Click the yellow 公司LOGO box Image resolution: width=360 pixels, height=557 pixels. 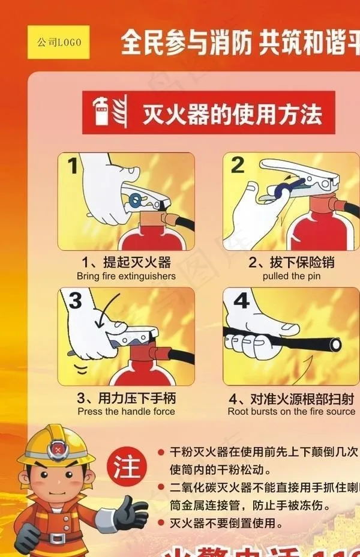coord(58,42)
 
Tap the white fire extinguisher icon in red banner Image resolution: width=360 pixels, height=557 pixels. coord(101,112)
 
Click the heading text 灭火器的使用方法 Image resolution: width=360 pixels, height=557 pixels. coord(232,113)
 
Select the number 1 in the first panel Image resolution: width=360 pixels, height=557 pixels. coord(73,165)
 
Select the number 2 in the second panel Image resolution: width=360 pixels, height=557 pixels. coord(238,164)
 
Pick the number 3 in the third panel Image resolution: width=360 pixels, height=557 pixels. coord(74,300)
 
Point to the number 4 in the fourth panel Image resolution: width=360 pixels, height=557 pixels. coord(241,300)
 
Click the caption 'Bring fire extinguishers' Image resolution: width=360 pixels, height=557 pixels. coord(126,276)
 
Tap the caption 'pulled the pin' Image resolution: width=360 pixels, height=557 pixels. coord(292,276)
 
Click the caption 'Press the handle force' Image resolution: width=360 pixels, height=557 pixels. coord(126,411)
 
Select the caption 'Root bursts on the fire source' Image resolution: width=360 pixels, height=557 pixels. coord(292,411)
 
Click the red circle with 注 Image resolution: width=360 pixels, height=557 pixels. coord(127,466)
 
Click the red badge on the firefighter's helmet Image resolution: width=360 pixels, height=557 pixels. coord(56,448)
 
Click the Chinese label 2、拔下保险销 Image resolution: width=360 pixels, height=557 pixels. coord(292,262)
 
